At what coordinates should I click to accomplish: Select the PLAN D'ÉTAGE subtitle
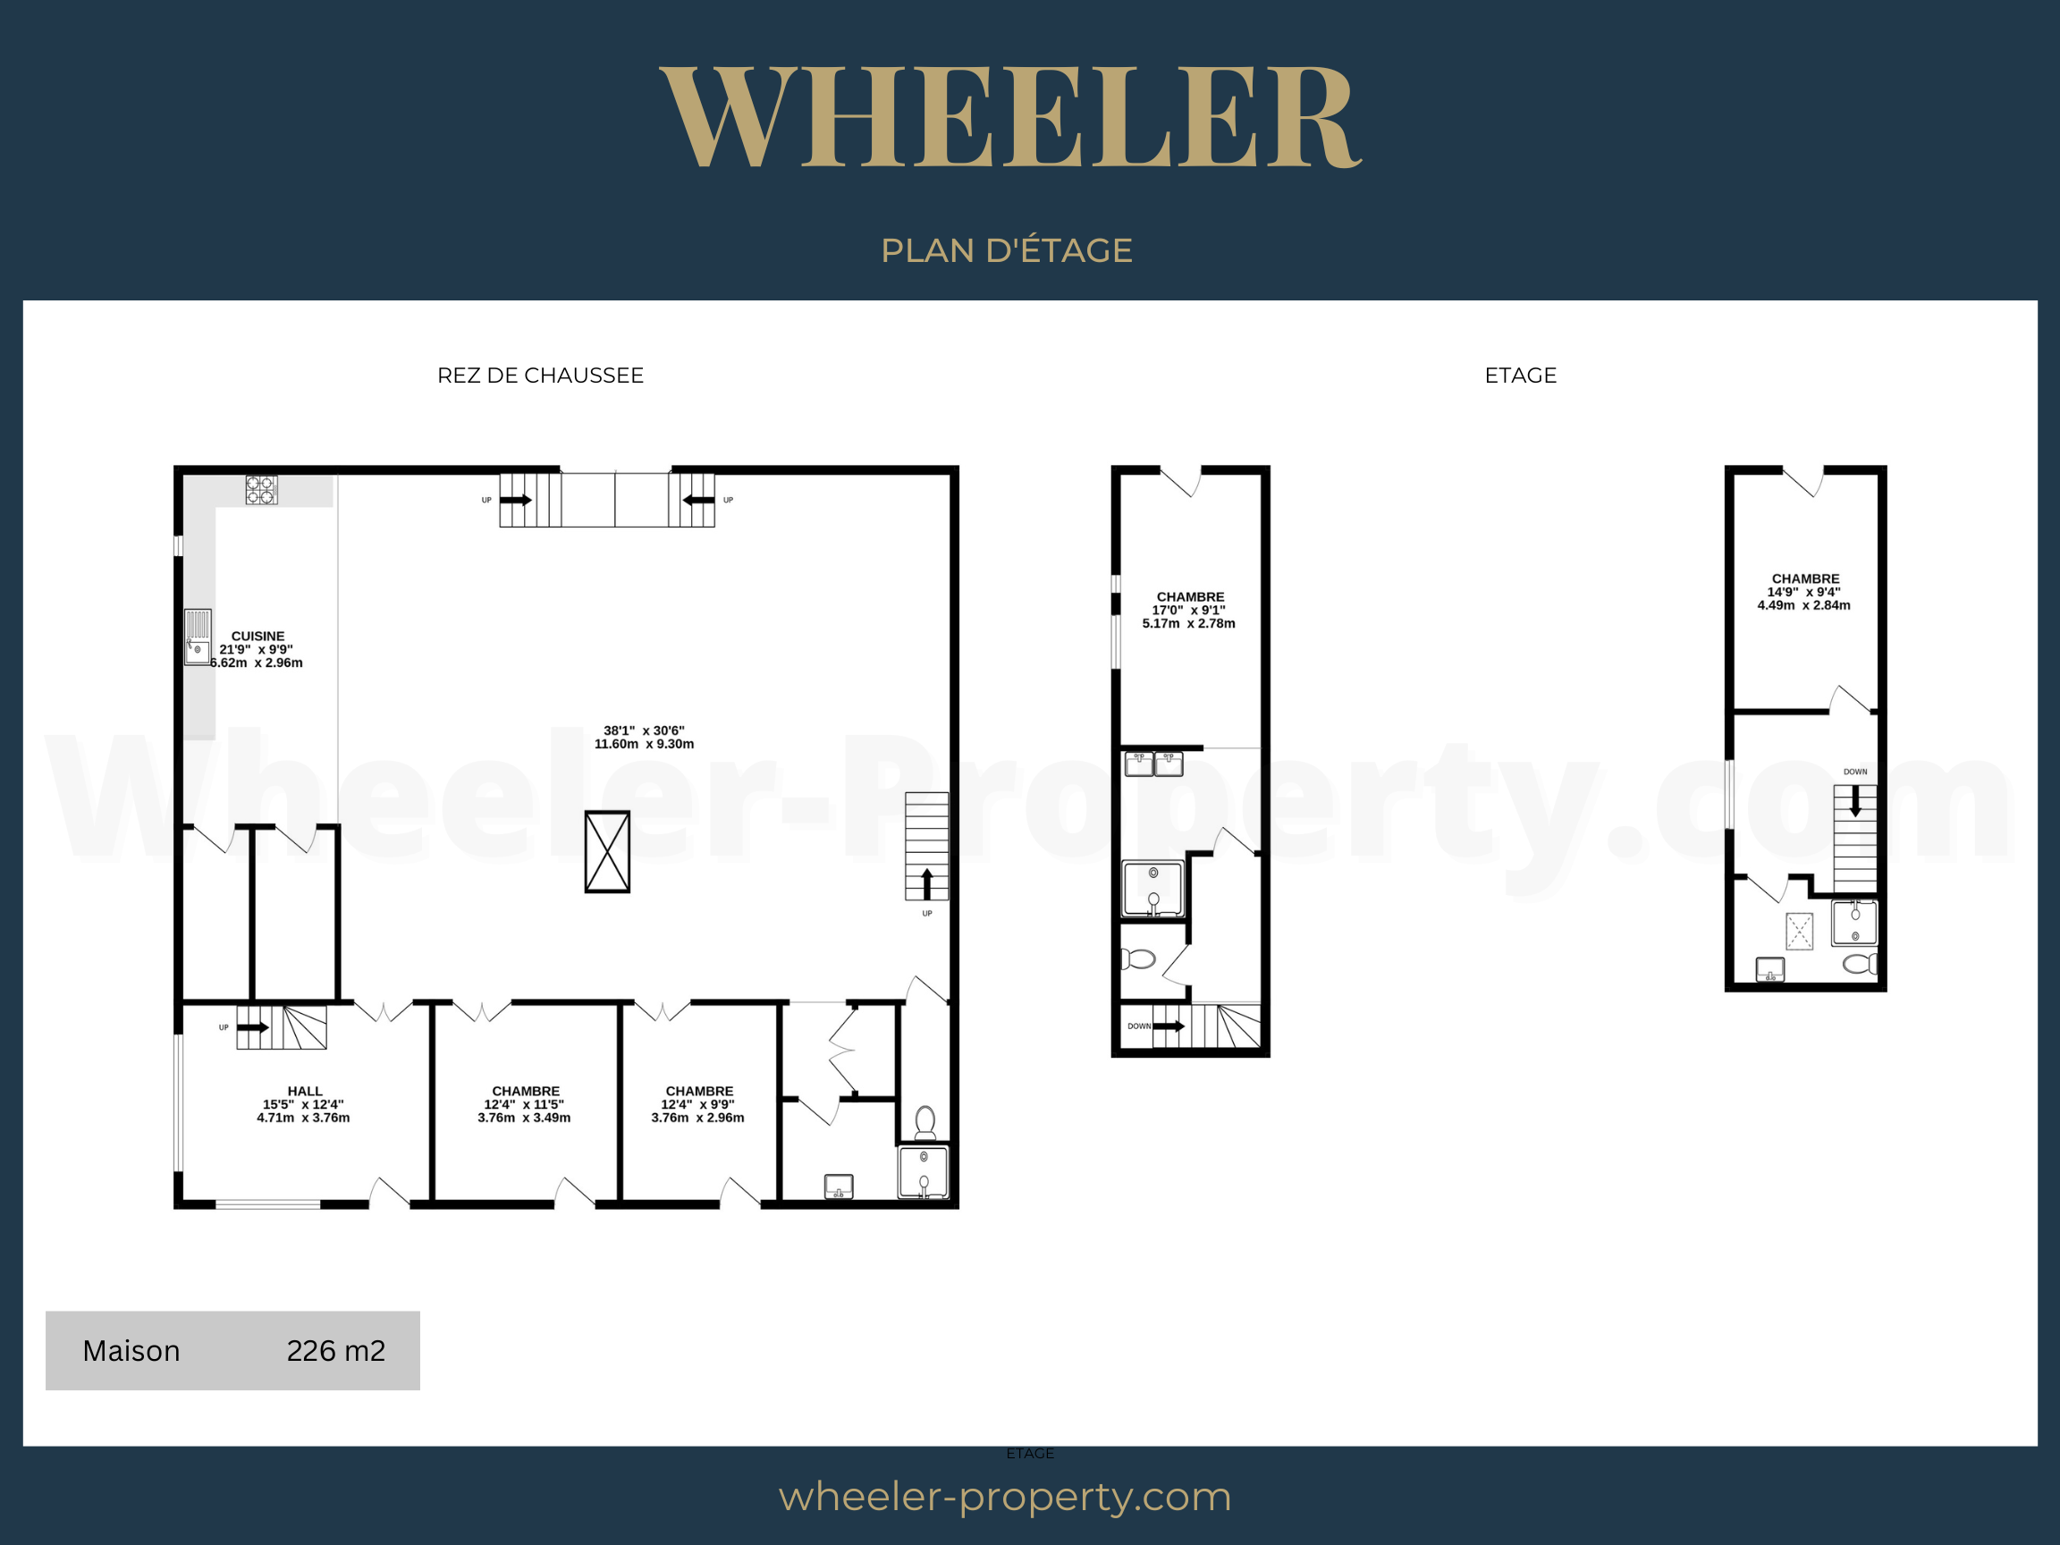click(x=1007, y=250)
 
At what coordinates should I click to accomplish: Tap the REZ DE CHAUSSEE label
click(x=540, y=376)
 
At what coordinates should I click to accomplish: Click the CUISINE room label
click(x=258, y=636)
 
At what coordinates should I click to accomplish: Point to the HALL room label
click(x=306, y=1091)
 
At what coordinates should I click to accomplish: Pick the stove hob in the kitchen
click(x=262, y=490)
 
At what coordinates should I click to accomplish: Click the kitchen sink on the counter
click(x=198, y=637)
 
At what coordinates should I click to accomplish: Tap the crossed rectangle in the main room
click(x=607, y=851)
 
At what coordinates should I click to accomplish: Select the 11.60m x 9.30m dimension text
click(x=645, y=744)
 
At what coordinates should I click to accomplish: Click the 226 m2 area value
click(x=336, y=1350)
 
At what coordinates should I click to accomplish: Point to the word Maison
click(x=131, y=1350)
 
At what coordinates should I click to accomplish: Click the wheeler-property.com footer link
click(x=1005, y=1497)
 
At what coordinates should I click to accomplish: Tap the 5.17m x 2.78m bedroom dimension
click(x=1189, y=623)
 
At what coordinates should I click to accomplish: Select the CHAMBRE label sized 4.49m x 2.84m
click(x=1806, y=578)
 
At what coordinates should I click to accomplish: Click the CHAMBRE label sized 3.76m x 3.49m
click(x=526, y=1091)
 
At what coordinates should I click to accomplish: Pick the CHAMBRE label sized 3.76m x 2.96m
click(x=699, y=1091)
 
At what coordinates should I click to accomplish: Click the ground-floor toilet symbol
click(x=925, y=1122)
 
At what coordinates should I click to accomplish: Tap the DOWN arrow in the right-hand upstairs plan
click(x=1856, y=802)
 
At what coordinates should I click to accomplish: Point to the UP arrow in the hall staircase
click(x=253, y=1027)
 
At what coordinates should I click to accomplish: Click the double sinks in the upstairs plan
click(x=1154, y=764)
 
